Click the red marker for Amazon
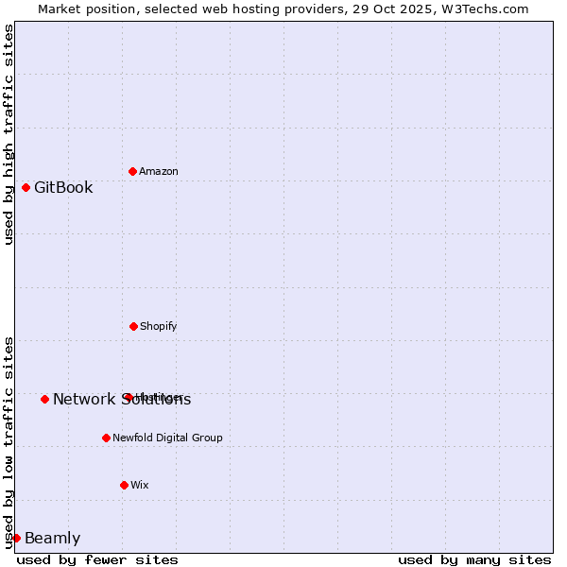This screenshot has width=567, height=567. click(x=132, y=171)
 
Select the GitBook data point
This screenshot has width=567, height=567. click(x=26, y=187)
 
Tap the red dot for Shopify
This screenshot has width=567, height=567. click(x=133, y=326)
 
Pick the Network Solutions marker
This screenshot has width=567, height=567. click(x=44, y=399)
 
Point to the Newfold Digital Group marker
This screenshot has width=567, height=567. click(x=106, y=438)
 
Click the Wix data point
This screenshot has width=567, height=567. click(x=124, y=485)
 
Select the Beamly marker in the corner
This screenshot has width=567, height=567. click(x=16, y=538)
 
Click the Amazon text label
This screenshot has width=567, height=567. click(x=159, y=171)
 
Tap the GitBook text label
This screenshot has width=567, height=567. click(x=63, y=187)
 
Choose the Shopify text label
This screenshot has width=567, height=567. click(x=159, y=326)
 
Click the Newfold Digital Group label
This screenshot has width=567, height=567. click(x=167, y=438)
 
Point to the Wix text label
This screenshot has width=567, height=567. click(x=140, y=485)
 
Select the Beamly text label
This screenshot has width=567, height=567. click(x=52, y=539)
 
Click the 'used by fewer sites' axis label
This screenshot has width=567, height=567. click(x=97, y=559)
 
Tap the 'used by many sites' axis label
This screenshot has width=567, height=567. click(x=474, y=559)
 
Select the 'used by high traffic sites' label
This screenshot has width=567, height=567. click(x=9, y=134)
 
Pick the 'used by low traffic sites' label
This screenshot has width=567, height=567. click(x=9, y=441)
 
